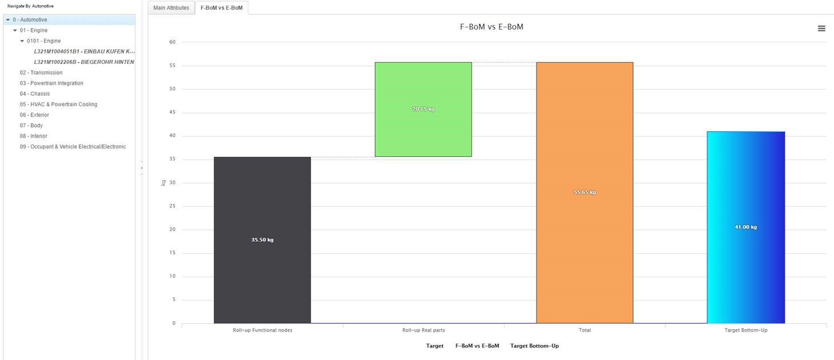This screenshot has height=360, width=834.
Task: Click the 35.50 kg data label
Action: tap(263, 240)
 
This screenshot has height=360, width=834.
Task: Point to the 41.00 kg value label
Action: tap(746, 227)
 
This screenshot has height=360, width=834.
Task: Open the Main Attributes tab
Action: tap(171, 8)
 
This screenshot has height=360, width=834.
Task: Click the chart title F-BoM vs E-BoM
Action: tap(491, 27)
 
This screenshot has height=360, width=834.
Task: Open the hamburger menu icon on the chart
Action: tap(821, 29)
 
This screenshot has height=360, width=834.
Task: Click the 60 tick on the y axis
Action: tap(172, 42)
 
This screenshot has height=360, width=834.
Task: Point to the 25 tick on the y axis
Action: tap(172, 207)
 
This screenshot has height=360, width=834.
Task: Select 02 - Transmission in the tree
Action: tap(41, 72)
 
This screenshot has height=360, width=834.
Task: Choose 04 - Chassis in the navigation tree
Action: tap(35, 94)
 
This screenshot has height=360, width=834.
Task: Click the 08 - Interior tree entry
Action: tap(34, 136)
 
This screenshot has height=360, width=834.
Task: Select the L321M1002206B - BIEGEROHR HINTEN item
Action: tap(84, 62)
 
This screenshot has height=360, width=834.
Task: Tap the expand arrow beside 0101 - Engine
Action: tap(22, 41)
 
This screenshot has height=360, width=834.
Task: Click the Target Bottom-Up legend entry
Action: tap(534, 346)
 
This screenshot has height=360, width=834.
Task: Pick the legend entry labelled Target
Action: tap(434, 346)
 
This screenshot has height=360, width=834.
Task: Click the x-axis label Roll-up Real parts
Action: tap(424, 330)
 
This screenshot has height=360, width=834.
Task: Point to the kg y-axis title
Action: tap(163, 183)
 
